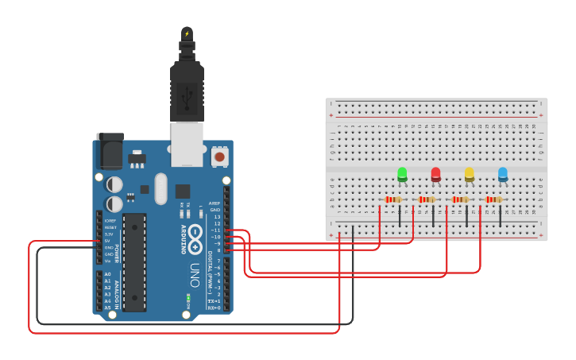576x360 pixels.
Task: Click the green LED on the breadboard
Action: click(402, 174)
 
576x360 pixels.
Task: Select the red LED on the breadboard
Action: click(435, 174)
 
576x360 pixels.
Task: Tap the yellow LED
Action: click(469, 174)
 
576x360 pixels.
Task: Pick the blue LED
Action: click(502, 174)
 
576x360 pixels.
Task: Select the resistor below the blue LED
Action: click(493, 199)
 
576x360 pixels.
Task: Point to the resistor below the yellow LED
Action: click(459, 199)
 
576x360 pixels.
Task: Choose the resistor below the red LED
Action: click(426, 199)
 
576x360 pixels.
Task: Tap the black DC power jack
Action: click(110, 150)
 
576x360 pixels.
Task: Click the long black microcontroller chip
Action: click(134, 261)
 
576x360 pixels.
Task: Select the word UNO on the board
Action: click(195, 275)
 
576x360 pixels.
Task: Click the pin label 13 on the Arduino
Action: click(217, 216)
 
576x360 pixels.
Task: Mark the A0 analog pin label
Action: click(107, 274)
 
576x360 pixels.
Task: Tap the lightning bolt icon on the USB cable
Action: click(187, 33)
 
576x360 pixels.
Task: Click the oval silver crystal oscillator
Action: click(161, 189)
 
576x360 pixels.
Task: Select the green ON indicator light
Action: click(188, 298)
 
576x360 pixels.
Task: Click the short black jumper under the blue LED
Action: click(500, 215)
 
